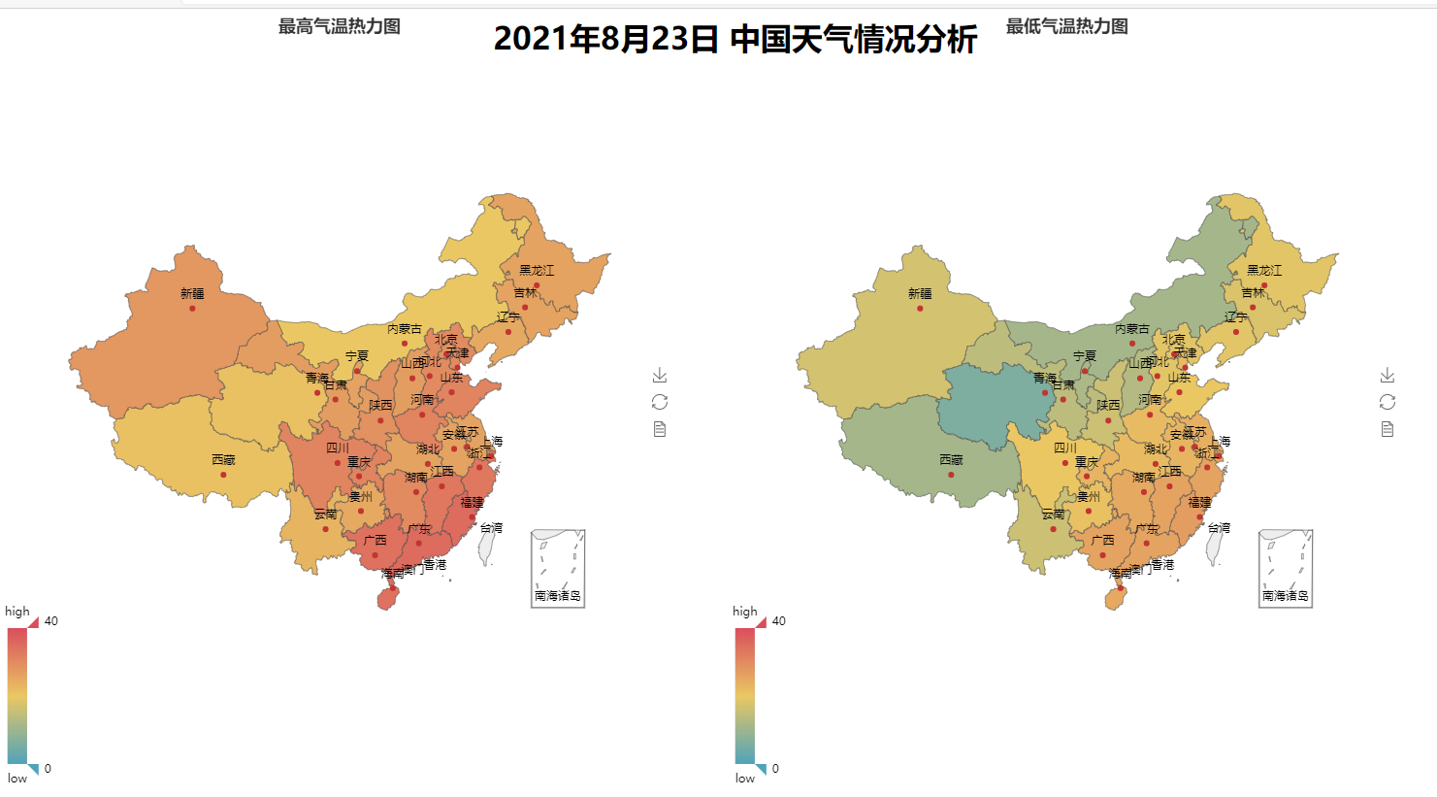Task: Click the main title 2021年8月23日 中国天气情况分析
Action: pyautogui.click(x=735, y=40)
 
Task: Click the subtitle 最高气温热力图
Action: pyautogui.click(x=339, y=26)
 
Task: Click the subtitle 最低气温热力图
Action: pyautogui.click(x=1066, y=26)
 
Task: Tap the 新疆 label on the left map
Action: pyautogui.click(x=192, y=293)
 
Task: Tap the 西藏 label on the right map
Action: pyautogui.click(x=951, y=459)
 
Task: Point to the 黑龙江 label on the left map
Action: pyautogui.click(x=537, y=270)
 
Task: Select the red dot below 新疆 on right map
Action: pyautogui.click(x=920, y=309)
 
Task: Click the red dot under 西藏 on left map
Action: pyautogui.click(x=223, y=475)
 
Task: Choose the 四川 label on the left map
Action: pyautogui.click(x=337, y=448)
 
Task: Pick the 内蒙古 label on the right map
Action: pyautogui.click(x=1132, y=329)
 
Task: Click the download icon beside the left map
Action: pyautogui.click(x=660, y=375)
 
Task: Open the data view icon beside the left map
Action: pyautogui.click(x=660, y=429)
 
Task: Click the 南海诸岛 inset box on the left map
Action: pyautogui.click(x=558, y=569)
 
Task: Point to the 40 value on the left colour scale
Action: pyautogui.click(x=51, y=621)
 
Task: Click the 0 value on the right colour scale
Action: pyautogui.click(x=775, y=769)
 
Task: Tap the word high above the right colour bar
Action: pyautogui.click(x=745, y=612)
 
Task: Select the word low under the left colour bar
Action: pyautogui.click(x=17, y=779)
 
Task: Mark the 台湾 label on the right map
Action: pyautogui.click(x=1219, y=528)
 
